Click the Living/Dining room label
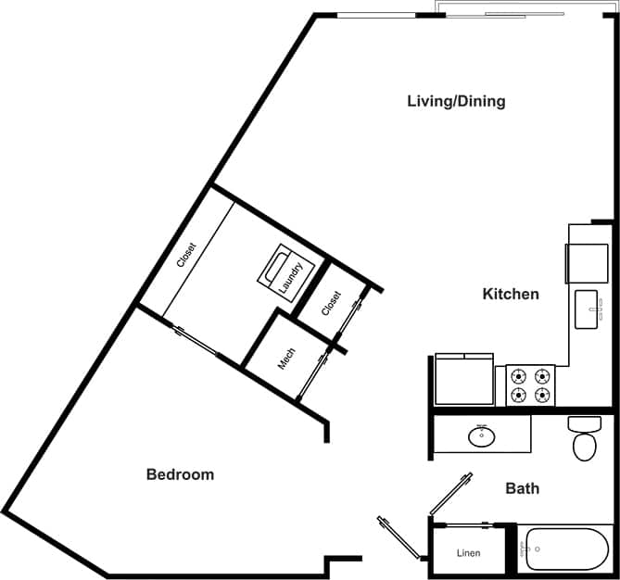[456, 101]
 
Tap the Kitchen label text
[511, 294]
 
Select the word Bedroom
[180, 474]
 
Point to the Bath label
[522, 488]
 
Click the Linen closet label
[469, 554]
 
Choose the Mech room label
[287, 359]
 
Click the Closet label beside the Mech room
[331, 304]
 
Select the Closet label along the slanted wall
[186, 255]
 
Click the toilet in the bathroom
[584, 439]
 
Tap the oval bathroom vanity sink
[481, 435]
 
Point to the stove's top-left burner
[518, 376]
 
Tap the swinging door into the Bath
[452, 494]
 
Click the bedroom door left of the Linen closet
[399, 538]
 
